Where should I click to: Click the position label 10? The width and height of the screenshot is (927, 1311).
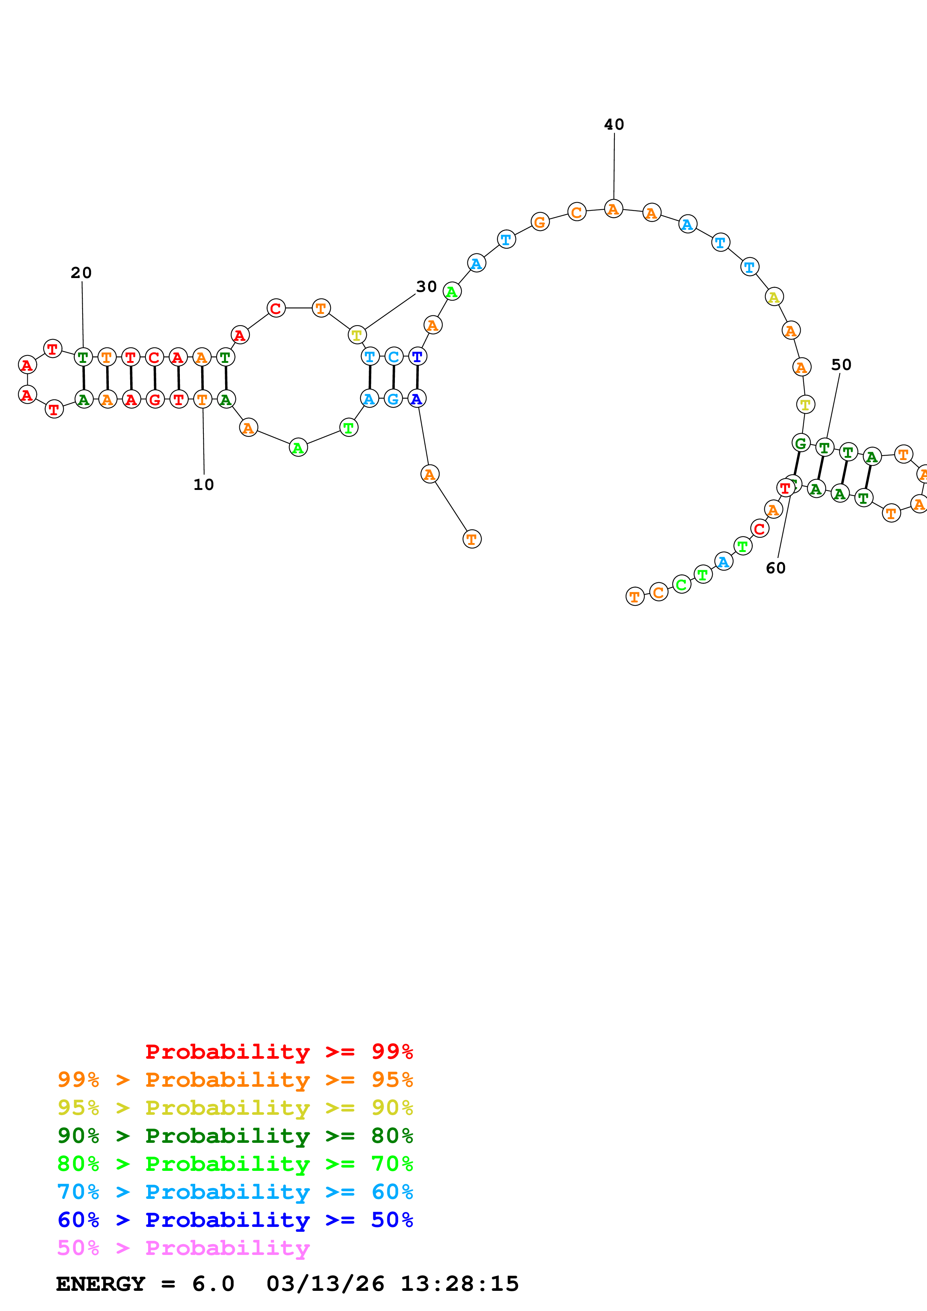pyautogui.click(x=203, y=485)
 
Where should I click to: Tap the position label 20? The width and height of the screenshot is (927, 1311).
pyautogui.click(x=81, y=273)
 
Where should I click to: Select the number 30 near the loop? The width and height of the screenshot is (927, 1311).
pyautogui.click(x=426, y=287)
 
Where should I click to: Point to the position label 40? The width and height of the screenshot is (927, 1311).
pyautogui.click(x=614, y=124)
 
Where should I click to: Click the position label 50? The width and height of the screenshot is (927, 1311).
pyautogui.click(x=841, y=365)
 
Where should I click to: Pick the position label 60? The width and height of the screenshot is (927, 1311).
pyautogui.click(x=776, y=568)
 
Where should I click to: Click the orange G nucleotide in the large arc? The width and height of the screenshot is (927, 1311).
pyautogui.click(x=540, y=222)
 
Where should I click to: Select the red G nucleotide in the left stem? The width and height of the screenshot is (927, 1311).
pyautogui.click(x=155, y=400)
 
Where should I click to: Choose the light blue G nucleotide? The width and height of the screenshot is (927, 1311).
pyautogui.click(x=393, y=399)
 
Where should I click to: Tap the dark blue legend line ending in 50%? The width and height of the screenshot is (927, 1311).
pyautogui.click(x=235, y=1220)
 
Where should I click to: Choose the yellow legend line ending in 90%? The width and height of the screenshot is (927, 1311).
pyautogui.click(x=235, y=1108)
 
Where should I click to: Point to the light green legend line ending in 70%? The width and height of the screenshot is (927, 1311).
pyautogui.click(x=235, y=1164)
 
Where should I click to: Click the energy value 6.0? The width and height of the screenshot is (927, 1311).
pyautogui.click(x=213, y=1284)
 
